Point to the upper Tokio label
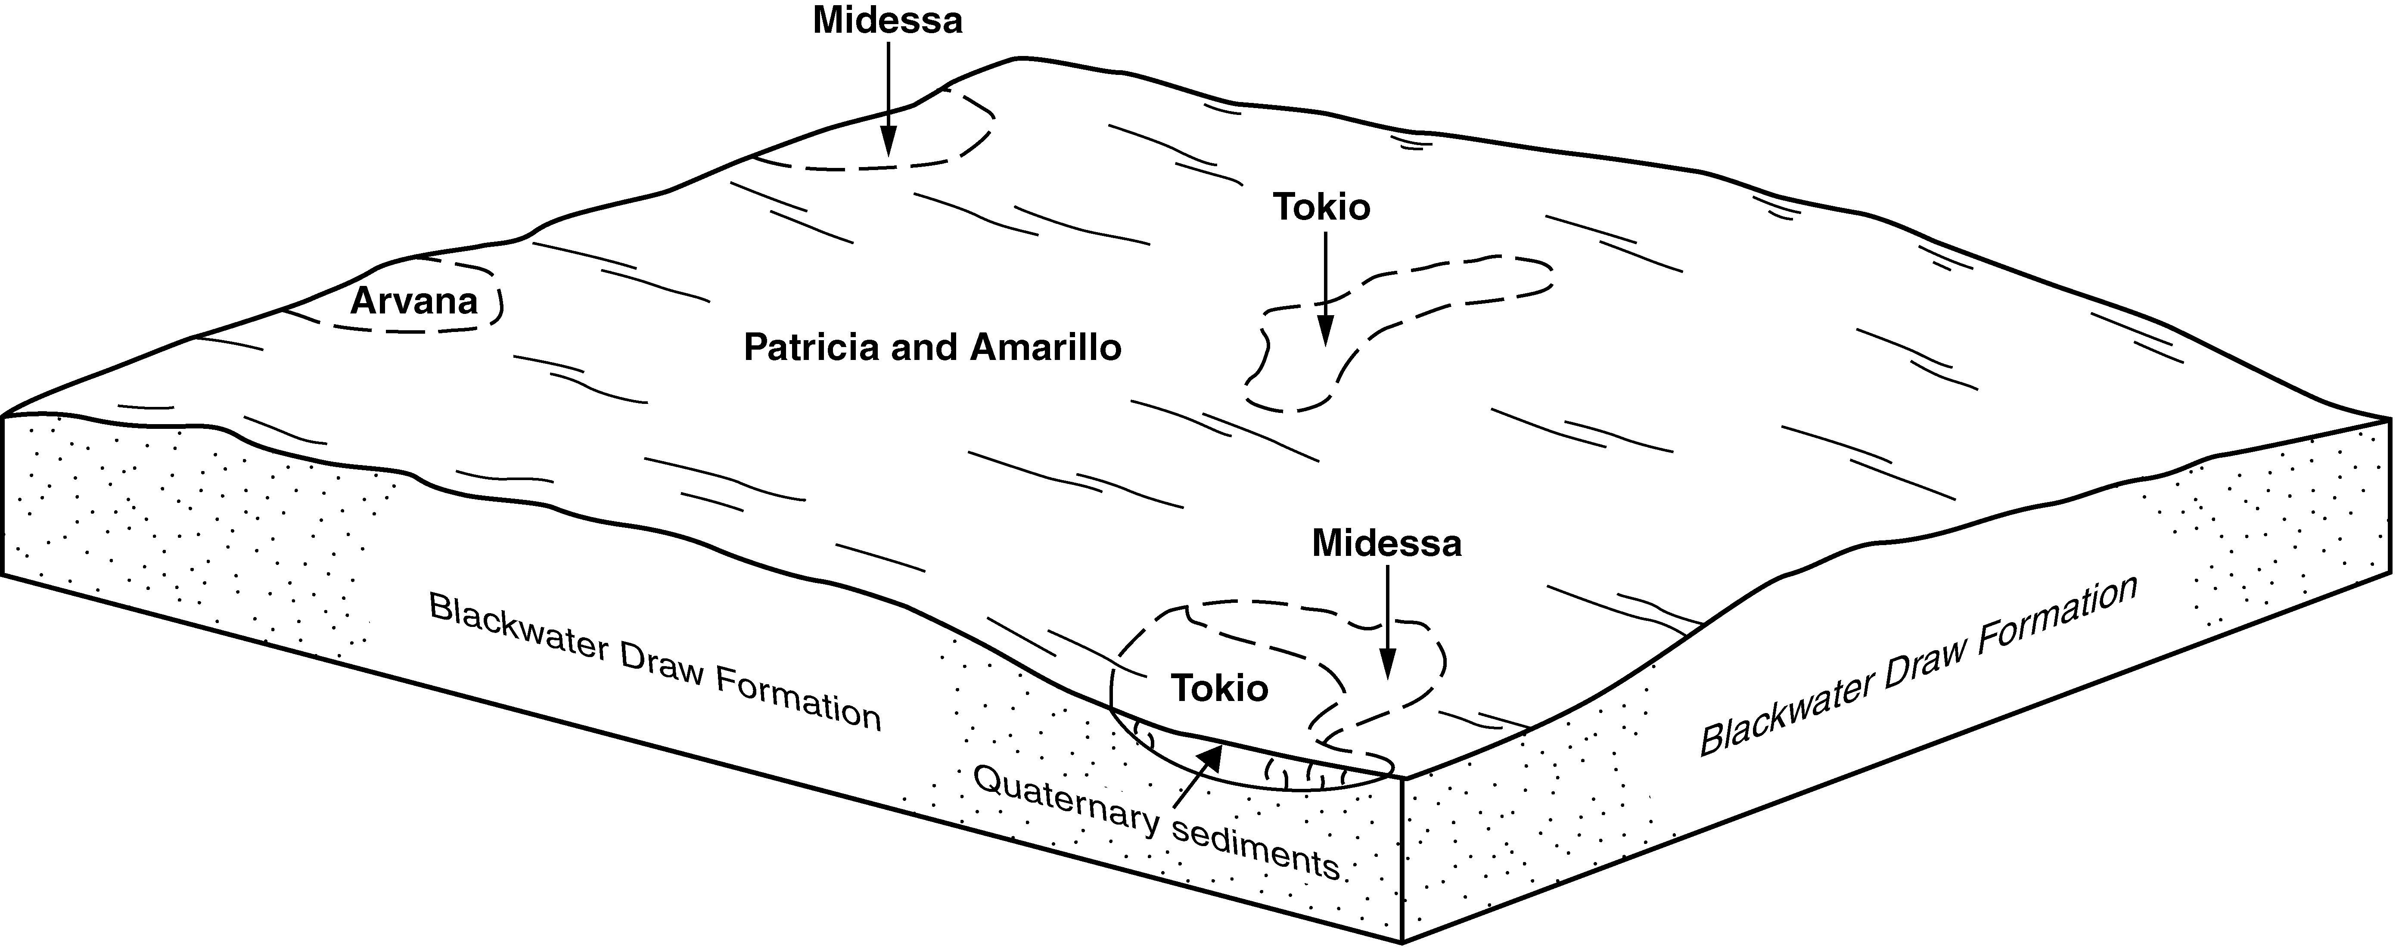(x=1321, y=207)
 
